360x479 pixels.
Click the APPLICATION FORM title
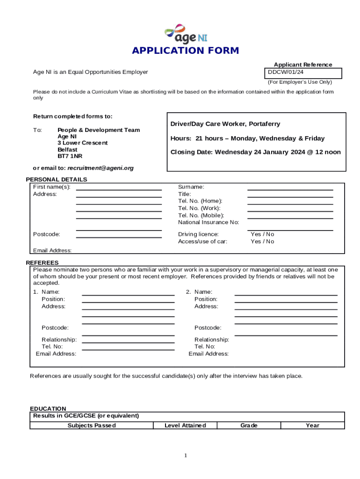185,51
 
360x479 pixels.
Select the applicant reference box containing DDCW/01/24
303,73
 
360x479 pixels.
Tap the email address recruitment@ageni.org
101,168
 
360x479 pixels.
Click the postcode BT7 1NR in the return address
70,156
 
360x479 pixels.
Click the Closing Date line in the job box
255,152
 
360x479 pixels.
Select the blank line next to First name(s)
119,189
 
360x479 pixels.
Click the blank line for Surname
290,189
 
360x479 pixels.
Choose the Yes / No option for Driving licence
262,234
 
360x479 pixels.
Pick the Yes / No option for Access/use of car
262,241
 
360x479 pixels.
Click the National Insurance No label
209,222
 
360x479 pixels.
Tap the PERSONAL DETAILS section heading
56,180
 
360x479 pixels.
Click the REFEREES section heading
42,263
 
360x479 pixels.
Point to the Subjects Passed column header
92,425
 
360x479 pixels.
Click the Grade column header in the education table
249,425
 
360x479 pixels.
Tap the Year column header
312,425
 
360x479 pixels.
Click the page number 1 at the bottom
186,456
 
